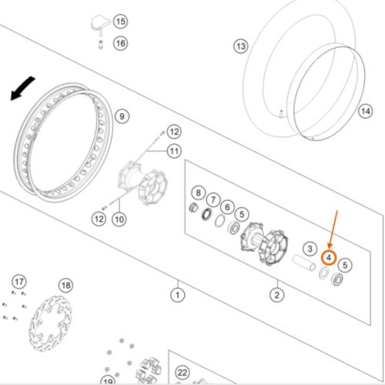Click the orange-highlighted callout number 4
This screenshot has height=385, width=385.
pyautogui.click(x=329, y=257)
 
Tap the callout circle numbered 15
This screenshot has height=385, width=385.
pyautogui.click(x=121, y=22)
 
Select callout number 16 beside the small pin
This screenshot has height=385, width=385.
pyautogui.click(x=121, y=43)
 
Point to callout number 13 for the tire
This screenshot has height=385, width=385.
pyautogui.click(x=241, y=46)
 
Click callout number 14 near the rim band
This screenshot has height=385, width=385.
pyautogui.click(x=366, y=111)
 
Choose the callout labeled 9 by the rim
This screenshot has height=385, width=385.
pyautogui.click(x=122, y=116)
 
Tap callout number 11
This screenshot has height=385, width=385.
pyautogui.click(x=174, y=151)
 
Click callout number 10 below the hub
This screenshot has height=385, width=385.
pyautogui.click(x=119, y=219)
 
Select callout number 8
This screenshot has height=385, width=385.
pyautogui.click(x=198, y=192)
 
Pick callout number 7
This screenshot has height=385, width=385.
pyautogui.click(x=213, y=199)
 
